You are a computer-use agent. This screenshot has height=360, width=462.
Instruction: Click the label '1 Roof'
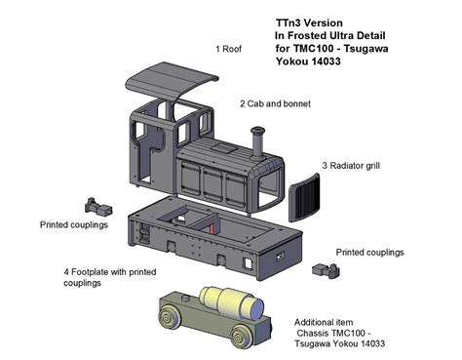click(x=231, y=48)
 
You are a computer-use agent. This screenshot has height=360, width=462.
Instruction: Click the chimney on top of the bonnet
click(x=258, y=144)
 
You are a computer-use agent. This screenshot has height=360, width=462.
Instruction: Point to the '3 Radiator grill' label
click(x=353, y=167)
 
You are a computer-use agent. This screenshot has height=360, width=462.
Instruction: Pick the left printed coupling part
click(x=98, y=206)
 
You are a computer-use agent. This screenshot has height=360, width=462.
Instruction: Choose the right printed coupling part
click(x=322, y=267)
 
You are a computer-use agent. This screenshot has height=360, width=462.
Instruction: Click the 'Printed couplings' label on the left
click(x=74, y=225)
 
